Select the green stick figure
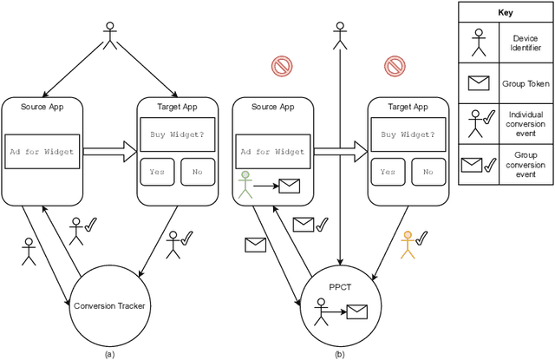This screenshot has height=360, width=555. (x=245, y=183)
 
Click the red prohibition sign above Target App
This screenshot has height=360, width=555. (x=395, y=66)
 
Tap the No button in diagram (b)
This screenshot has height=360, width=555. (x=427, y=172)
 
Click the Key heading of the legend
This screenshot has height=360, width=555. (x=506, y=13)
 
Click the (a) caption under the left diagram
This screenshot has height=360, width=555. (x=108, y=353)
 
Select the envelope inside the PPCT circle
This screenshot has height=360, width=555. (x=357, y=309)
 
